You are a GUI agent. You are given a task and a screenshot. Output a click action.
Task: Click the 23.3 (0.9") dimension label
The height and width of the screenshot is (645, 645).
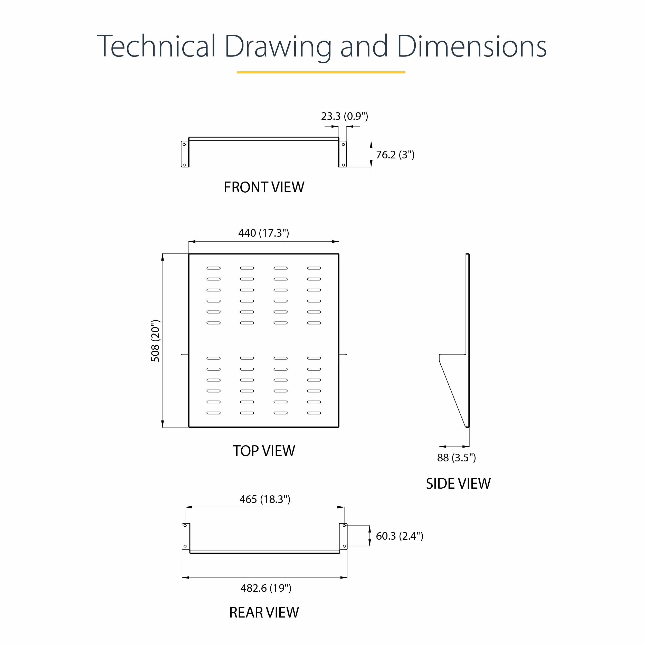pos(345,116)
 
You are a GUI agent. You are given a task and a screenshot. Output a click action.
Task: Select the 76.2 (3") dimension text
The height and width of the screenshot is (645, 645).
pos(395,155)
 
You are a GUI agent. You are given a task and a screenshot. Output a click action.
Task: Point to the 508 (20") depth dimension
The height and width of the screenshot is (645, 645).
pos(156,340)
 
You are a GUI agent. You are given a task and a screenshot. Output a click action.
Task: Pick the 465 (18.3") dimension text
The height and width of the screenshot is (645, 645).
pos(265,499)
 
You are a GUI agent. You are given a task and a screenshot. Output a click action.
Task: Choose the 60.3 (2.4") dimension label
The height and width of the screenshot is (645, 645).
pos(400,536)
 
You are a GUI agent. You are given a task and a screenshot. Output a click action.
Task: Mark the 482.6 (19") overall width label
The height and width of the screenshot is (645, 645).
pos(266,588)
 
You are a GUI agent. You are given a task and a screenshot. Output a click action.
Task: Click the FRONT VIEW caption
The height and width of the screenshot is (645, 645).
pos(264,187)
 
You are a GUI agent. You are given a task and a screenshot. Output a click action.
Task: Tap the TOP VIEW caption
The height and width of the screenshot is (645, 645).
pos(264,451)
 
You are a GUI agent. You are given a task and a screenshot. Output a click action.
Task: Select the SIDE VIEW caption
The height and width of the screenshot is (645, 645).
pos(458,484)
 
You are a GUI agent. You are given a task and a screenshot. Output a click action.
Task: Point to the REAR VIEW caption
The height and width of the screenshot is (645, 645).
pos(264,612)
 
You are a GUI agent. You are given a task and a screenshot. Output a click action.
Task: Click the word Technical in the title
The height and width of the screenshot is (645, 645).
pos(156,46)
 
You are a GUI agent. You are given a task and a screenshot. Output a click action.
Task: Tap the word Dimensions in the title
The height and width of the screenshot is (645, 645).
pos(471,46)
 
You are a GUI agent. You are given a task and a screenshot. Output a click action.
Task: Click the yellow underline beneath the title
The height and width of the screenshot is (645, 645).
pos(321,72)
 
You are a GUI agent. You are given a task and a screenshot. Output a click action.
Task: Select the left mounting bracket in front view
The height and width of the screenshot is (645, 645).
pos(185,154)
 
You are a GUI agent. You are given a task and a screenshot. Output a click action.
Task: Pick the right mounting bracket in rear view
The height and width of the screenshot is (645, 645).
pos(343,536)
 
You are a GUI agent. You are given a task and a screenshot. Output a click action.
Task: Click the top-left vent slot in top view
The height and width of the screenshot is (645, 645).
pos(214,268)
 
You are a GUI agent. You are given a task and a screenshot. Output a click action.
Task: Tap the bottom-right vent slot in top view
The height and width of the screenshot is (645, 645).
pos(314,413)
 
